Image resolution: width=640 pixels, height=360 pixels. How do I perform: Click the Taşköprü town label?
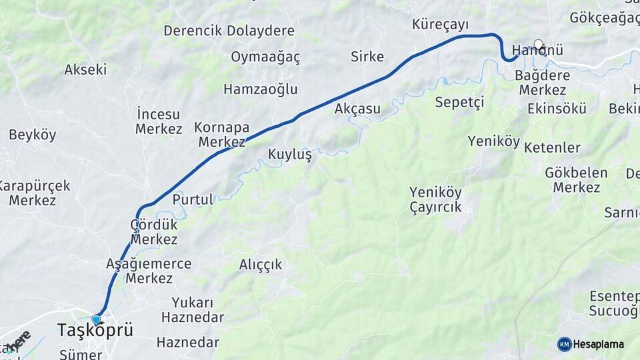(x=95, y=331)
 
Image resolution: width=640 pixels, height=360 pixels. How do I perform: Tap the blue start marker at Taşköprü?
(x=97, y=320)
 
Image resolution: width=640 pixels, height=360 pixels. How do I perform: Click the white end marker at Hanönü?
(x=538, y=45)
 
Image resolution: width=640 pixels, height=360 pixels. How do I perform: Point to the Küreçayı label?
(x=440, y=25)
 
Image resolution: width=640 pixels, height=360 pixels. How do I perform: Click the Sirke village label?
(x=367, y=57)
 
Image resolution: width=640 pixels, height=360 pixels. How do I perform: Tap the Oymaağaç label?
(x=265, y=57)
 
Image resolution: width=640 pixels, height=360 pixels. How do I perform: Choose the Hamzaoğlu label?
(x=261, y=89)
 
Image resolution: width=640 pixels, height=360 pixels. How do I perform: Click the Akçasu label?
(x=358, y=109)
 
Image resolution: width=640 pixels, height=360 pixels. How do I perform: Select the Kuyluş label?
(x=290, y=155)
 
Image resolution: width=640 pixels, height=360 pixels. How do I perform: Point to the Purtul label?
(x=193, y=199)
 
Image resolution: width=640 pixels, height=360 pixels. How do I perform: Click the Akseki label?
(x=85, y=69)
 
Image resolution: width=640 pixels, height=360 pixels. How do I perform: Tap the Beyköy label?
(x=33, y=135)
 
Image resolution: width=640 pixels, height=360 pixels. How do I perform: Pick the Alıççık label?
(x=261, y=265)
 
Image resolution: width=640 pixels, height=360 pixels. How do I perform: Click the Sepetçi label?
(x=459, y=102)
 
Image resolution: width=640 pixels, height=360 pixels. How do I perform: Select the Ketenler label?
(x=552, y=147)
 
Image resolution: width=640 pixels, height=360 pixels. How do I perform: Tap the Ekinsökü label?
(x=557, y=109)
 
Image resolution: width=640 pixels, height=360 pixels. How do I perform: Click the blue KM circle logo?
(x=564, y=344)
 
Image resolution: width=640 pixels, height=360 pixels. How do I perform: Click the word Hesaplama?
(x=598, y=344)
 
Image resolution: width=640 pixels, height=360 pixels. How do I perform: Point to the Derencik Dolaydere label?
(x=229, y=31)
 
